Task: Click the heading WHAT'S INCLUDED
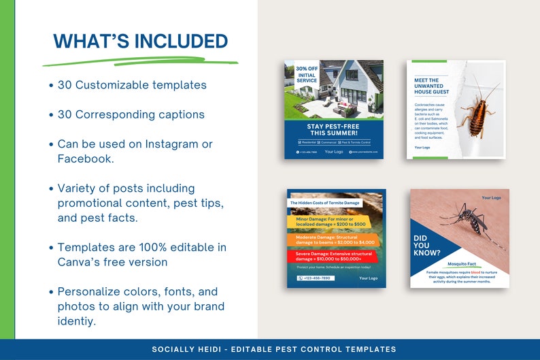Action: point(141,41)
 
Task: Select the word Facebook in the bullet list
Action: point(84,159)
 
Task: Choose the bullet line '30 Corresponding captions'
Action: point(131,114)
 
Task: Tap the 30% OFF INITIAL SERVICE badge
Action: point(307,74)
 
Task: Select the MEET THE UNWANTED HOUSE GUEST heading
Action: point(431,86)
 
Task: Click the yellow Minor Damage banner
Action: point(326,222)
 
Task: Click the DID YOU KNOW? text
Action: point(422,245)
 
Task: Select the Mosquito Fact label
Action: point(462,263)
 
